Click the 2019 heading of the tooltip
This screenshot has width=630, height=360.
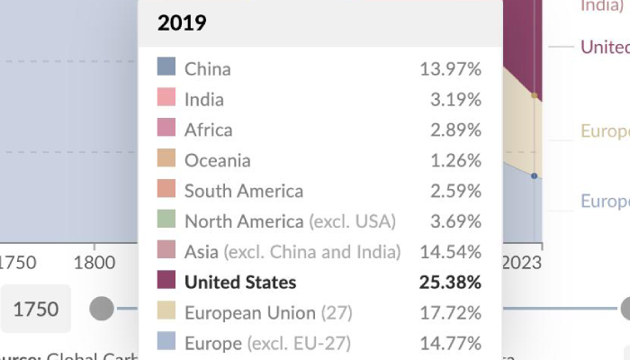[182, 23]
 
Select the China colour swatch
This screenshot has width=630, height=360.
[166, 67]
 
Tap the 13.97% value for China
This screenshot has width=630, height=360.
[450, 69]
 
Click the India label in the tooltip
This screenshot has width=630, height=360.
[204, 100]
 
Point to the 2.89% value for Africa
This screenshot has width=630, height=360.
[455, 130]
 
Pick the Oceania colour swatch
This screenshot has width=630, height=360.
[166, 159]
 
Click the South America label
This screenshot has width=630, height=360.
[244, 192]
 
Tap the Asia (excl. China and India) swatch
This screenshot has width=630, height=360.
[166, 251]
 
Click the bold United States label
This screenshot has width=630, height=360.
[240, 283]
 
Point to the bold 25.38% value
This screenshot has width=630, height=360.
[450, 283]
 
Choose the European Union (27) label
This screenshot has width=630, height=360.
[268, 313]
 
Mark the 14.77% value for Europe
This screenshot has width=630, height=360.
[450, 344]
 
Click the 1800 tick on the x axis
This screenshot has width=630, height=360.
[94, 263]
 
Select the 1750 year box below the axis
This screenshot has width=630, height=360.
[36, 310]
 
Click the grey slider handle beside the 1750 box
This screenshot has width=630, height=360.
[102, 310]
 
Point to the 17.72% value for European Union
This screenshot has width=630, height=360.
[450, 313]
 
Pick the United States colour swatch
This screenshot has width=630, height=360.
[166, 282]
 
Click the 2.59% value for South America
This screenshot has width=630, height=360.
[455, 192]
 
